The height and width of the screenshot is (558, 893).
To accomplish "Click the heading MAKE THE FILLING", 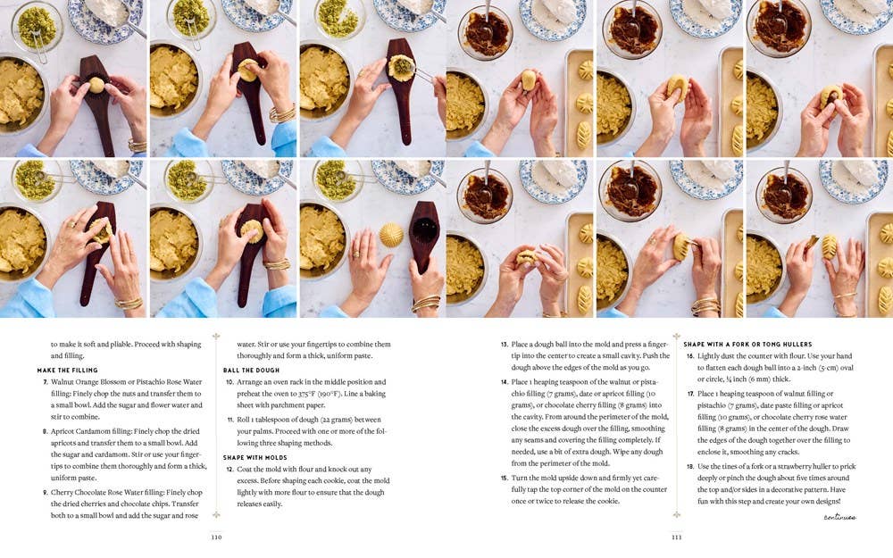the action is click(x=67, y=371).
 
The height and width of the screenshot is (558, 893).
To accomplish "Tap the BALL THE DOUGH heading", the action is click(x=251, y=371).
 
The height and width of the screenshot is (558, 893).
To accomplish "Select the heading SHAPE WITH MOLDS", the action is click(x=255, y=458).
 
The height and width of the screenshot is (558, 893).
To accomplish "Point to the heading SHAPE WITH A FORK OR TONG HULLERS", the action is click(x=747, y=345).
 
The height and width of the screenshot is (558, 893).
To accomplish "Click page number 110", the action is click(x=216, y=537).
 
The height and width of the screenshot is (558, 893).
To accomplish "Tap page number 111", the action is click(x=677, y=537).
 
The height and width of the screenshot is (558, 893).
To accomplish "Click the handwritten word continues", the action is click(x=839, y=517).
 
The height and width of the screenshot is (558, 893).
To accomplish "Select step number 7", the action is click(x=45, y=382).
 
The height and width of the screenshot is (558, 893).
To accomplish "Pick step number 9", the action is click(x=45, y=493).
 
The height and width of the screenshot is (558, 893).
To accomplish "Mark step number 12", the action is click(x=230, y=470).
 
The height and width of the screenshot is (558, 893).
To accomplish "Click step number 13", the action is click(x=504, y=345).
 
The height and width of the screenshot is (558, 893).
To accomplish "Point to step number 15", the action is click(x=504, y=479).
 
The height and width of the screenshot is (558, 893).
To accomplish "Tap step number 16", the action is click(x=690, y=356).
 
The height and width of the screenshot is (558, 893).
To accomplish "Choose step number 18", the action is click(x=690, y=467).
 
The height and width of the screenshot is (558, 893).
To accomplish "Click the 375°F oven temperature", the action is click(x=307, y=394).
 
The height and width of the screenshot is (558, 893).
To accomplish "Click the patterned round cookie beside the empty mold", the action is click(x=391, y=235).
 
